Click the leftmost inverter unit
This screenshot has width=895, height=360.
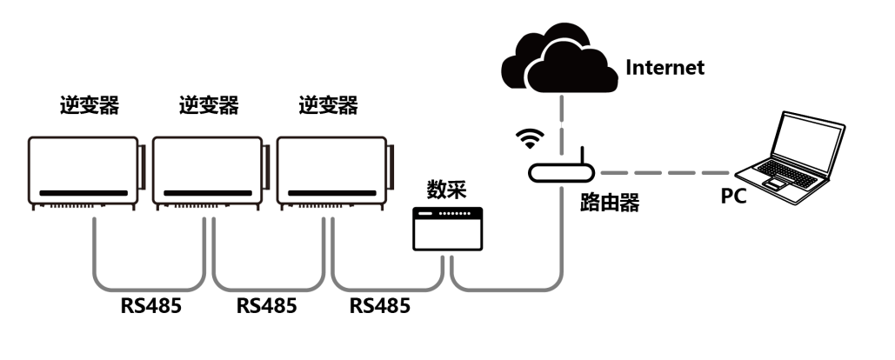coord(83,170)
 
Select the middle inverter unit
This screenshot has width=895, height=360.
coord(207,170)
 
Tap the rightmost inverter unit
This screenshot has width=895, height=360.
coord(331,170)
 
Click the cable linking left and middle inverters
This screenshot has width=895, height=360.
coord(149,290)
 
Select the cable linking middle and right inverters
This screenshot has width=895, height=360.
coord(269,290)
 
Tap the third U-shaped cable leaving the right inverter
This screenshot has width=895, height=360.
coord(388,290)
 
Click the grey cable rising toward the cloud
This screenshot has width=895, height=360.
coord(562,243)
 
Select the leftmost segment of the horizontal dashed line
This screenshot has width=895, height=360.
coord(613,173)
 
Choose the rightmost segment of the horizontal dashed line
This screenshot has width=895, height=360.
coord(715,173)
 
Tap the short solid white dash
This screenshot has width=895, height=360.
coord(425,213)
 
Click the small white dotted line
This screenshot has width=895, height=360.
coord(455,213)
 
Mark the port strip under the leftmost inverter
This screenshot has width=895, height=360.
coord(74,206)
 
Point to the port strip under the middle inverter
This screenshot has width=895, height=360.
coord(198,206)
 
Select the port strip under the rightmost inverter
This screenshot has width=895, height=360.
coord(323,206)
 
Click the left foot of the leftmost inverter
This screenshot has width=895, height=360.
coord(34,208)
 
